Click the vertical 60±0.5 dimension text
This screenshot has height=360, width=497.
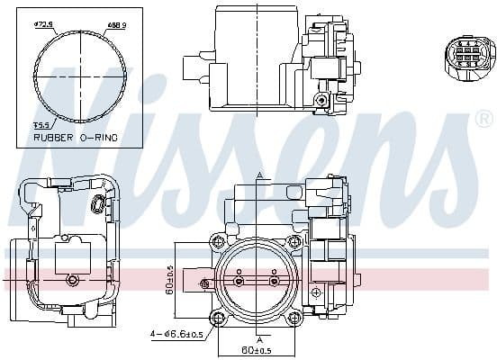coord(168,280)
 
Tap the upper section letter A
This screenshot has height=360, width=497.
coord(258,175)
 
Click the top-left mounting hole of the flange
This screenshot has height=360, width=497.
coord(217,241)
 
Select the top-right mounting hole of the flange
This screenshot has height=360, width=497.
coord(294,241)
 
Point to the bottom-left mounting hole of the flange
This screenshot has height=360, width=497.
coord(217,319)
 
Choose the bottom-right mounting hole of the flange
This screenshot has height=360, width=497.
coord(294,319)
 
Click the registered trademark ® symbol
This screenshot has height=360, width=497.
coord(483,118)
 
